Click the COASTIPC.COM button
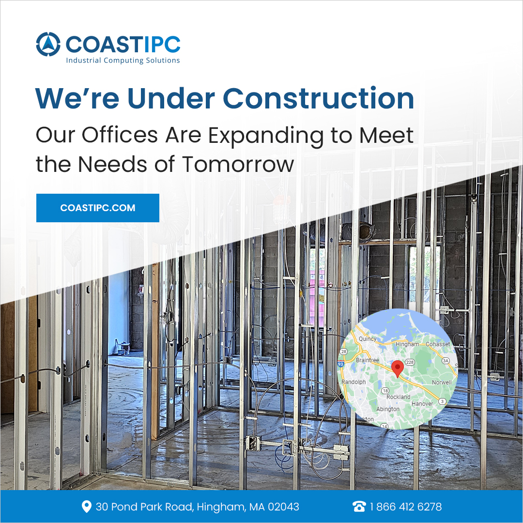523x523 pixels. click(x=98, y=208)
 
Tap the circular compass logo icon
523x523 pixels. click(x=48, y=44)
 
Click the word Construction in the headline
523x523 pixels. click(x=318, y=98)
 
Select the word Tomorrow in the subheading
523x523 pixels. click(x=238, y=165)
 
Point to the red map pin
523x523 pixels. click(x=397, y=369)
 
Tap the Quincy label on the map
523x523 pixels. click(x=368, y=339)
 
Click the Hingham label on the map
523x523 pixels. click(x=407, y=344)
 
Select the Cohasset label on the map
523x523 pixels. click(x=438, y=344)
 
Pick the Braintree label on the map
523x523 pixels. click(x=367, y=360)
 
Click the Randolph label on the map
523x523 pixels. click(x=354, y=382)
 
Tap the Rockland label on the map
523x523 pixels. click(x=398, y=397)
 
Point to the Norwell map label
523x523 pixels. click(x=442, y=382)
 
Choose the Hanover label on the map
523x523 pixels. click(x=422, y=403)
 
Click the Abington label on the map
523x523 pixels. click(x=387, y=409)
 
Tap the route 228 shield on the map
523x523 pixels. click(x=410, y=362)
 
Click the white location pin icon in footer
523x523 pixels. click(x=86, y=507)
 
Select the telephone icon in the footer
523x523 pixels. click(x=359, y=507)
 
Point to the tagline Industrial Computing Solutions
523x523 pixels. click(x=123, y=61)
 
